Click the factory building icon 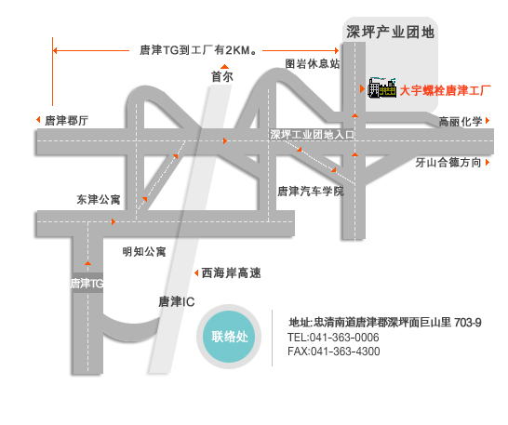pos(382,87)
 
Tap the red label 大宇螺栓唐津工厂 pos(445,90)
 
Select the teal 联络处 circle pos(229,337)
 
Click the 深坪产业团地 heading pos(390,32)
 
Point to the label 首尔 pos(222,77)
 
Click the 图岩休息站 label pos(313,63)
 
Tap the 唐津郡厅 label pos(66,121)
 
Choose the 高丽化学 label pos(461,122)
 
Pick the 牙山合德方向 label pos(448,163)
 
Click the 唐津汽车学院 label pos(311,192)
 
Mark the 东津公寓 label pos(99,199)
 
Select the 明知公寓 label pos(144,251)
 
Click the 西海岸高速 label pos(231,272)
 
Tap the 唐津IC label pos(177,301)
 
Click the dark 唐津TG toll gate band pos(87,283)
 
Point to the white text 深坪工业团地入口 pos(313,135)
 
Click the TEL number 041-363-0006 pos(344,338)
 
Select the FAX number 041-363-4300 pos(345,352)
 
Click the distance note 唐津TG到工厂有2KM pos(198,50)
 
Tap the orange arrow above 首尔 pos(224,66)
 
